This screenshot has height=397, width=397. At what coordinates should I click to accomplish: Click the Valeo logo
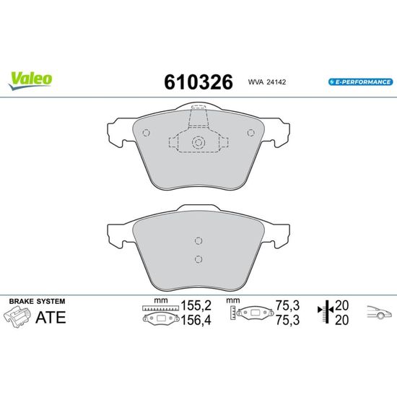[x=30, y=81]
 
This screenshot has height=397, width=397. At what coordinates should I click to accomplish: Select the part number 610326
[x=198, y=82]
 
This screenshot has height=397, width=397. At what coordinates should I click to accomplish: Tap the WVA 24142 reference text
[x=267, y=82]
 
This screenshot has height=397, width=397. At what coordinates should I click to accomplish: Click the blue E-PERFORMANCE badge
[x=360, y=82]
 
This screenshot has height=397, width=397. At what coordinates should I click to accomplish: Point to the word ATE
[x=51, y=318]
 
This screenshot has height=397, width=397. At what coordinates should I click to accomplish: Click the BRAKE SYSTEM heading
[x=38, y=301]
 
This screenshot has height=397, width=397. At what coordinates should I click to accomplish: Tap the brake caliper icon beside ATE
[x=17, y=317]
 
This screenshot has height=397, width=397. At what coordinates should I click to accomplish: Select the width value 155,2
[x=196, y=305]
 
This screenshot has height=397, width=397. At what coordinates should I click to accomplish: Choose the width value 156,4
[x=196, y=320]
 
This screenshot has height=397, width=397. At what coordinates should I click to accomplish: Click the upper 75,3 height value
[x=287, y=305]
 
